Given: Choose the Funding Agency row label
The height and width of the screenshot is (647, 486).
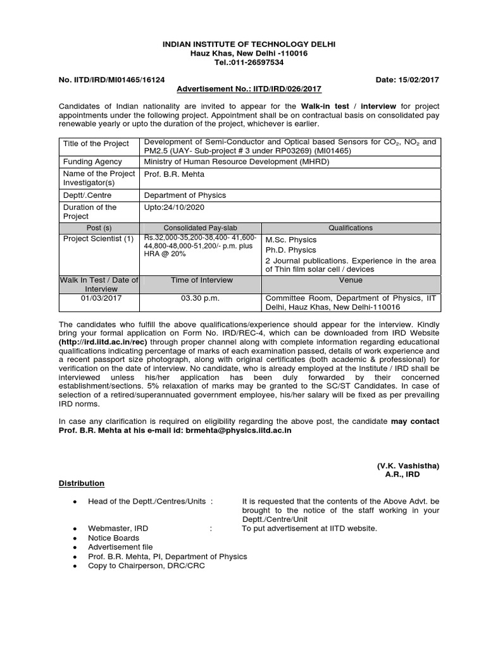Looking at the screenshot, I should [92, 162].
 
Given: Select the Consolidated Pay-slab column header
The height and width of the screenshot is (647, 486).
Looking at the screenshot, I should [201, 227].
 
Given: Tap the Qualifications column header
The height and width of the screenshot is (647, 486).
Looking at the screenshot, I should [350, 227].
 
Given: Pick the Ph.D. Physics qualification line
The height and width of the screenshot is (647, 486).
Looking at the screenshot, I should [291, 250].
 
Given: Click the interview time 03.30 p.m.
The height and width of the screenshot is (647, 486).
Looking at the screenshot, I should [201, 298].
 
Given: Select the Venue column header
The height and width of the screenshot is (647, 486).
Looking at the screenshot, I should [350, 280].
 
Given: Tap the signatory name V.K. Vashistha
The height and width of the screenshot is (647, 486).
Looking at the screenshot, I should [408, 465].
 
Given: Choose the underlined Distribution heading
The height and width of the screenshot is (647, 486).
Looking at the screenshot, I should [82, 483].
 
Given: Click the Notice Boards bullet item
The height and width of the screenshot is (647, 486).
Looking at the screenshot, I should [113, 538].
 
